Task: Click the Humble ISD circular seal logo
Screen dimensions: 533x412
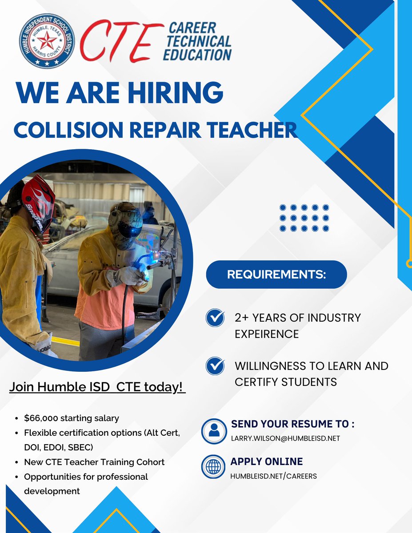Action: click(x=47, y=40)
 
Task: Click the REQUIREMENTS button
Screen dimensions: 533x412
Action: click(x=276, y=274)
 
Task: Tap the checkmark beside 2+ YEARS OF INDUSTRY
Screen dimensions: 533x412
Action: click(x=216, y=318)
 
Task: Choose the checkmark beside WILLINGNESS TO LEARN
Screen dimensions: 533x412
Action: click(x=216, y=366)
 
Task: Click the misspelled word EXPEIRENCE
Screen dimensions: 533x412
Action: click(x=267, y=334)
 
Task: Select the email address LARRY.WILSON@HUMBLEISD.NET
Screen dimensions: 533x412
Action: click(x=285, y=438)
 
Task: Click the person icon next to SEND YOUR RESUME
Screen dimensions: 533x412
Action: click(x=214, y=430)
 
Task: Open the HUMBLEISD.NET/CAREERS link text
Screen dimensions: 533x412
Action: click(x=273, y=476)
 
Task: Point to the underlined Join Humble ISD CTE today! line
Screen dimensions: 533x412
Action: click(x=97, y=387)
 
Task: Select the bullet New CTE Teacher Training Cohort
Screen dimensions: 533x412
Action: click(x=94, y=462)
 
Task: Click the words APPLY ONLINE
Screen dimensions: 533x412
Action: click(x=267, y=461)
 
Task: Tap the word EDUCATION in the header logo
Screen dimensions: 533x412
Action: click(x=197, y=55)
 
